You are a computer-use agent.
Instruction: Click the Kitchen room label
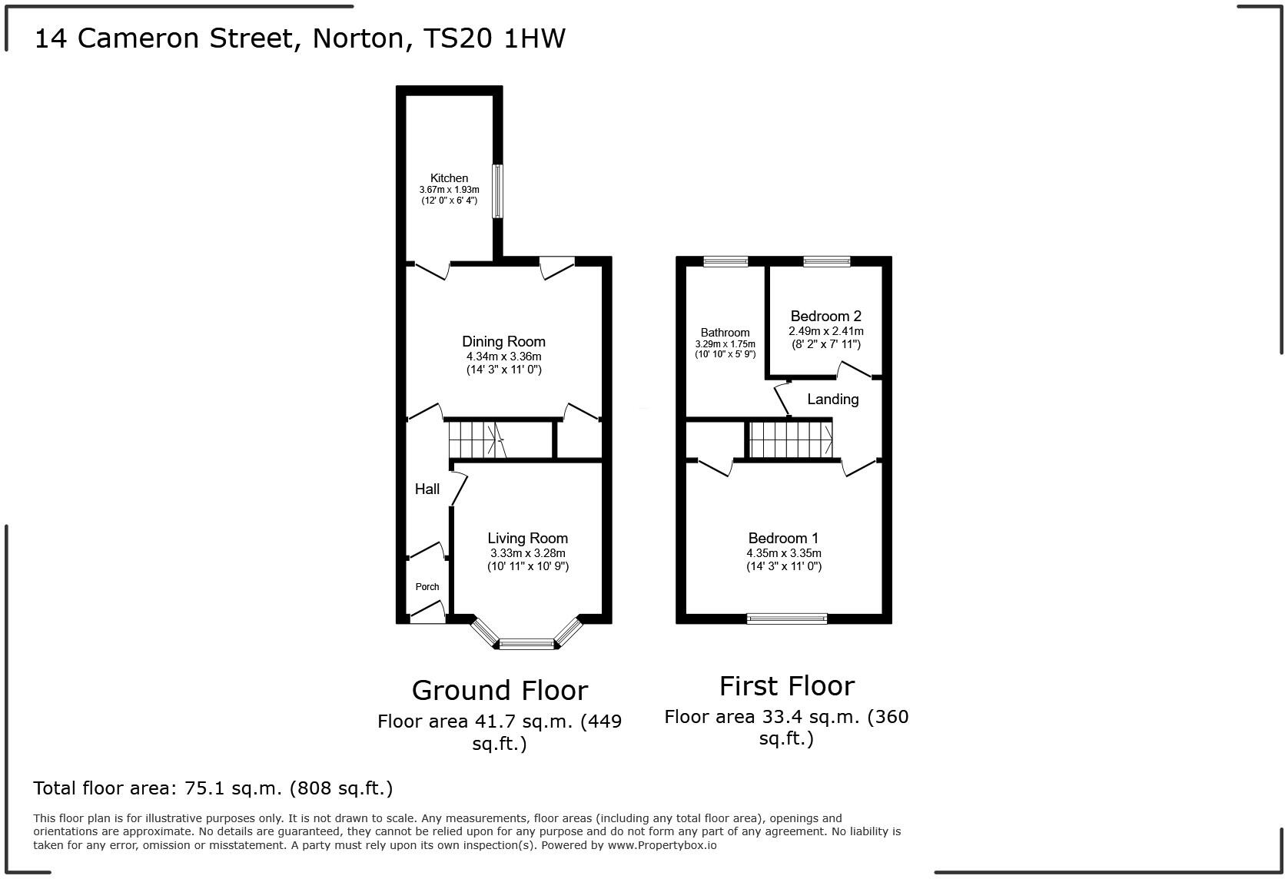point(449,177)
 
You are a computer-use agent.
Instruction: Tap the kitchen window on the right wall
point(497,191)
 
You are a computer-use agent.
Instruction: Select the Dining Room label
point(503,341)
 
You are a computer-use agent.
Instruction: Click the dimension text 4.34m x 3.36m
point(503,357)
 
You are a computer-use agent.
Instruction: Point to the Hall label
point(427,489)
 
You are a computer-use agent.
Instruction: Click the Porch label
point(427,586)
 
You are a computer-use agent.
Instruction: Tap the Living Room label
point(527,538)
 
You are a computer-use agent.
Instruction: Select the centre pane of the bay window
point(526,644)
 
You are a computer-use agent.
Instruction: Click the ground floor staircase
point(473,439)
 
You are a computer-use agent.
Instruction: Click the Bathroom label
point(725,333)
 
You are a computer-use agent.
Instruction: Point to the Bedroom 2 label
point(825,316)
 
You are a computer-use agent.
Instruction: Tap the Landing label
point(832,399)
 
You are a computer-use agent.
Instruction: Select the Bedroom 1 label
point(783,538)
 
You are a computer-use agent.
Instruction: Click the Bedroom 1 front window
point(787,619)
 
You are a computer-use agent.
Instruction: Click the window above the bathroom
point(726,261)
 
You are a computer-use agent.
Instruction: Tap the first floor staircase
point(790,439)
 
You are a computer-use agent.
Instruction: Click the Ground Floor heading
point(500,690)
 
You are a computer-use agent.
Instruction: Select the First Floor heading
point(786,685)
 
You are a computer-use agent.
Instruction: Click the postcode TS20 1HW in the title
point(495,38)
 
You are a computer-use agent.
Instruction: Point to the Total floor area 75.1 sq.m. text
point(213,788)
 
